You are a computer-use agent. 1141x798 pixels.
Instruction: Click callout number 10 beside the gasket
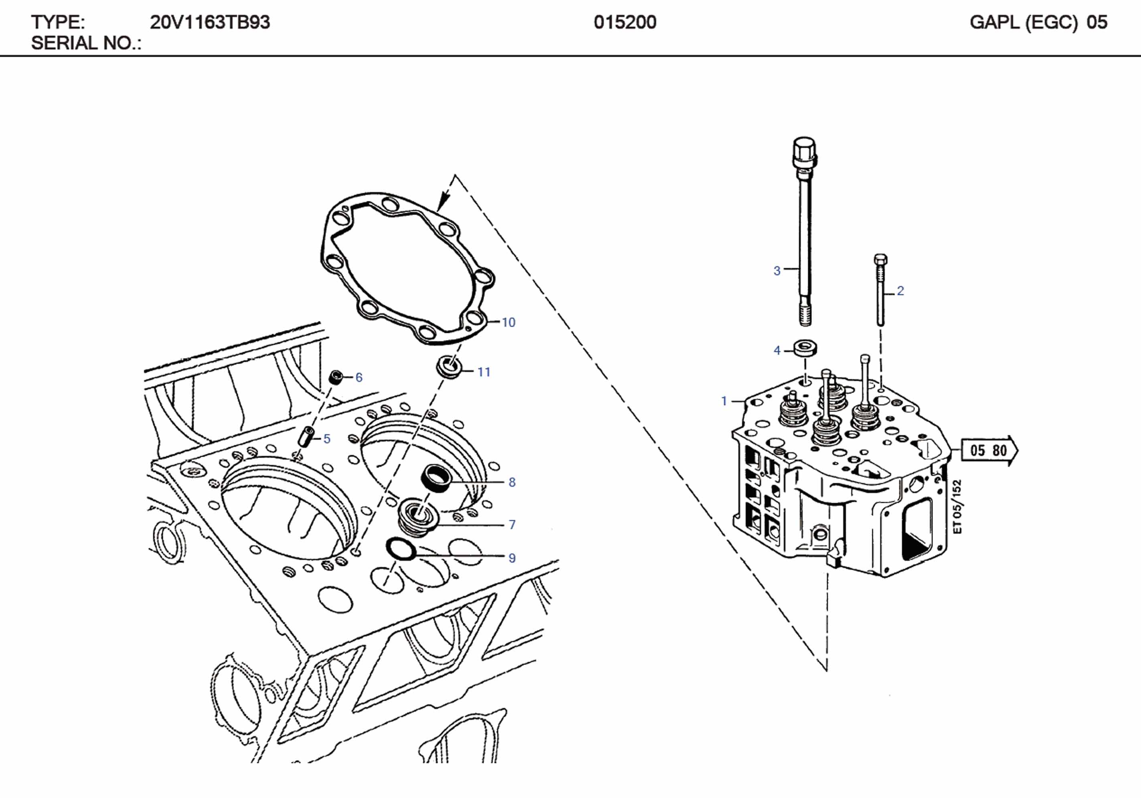[508, 322]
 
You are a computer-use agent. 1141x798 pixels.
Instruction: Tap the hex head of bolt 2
[880, 259]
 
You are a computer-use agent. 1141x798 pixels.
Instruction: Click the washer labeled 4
[805, 348]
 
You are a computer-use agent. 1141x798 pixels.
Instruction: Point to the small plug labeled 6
[336, 377]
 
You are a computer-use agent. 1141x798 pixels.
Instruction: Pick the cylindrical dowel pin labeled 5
[305, 436]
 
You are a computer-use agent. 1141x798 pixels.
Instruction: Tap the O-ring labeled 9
[401, 549]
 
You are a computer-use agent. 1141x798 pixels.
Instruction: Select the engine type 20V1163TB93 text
[209, 22]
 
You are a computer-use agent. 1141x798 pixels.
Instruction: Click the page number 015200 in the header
[625, 22]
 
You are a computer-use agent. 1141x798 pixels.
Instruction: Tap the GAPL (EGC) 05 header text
[1038, 22]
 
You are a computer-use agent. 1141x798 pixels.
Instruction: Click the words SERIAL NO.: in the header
[86, 43]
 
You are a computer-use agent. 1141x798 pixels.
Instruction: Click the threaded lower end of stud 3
[805, 315]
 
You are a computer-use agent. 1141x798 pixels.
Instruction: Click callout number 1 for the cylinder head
[724, 401]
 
